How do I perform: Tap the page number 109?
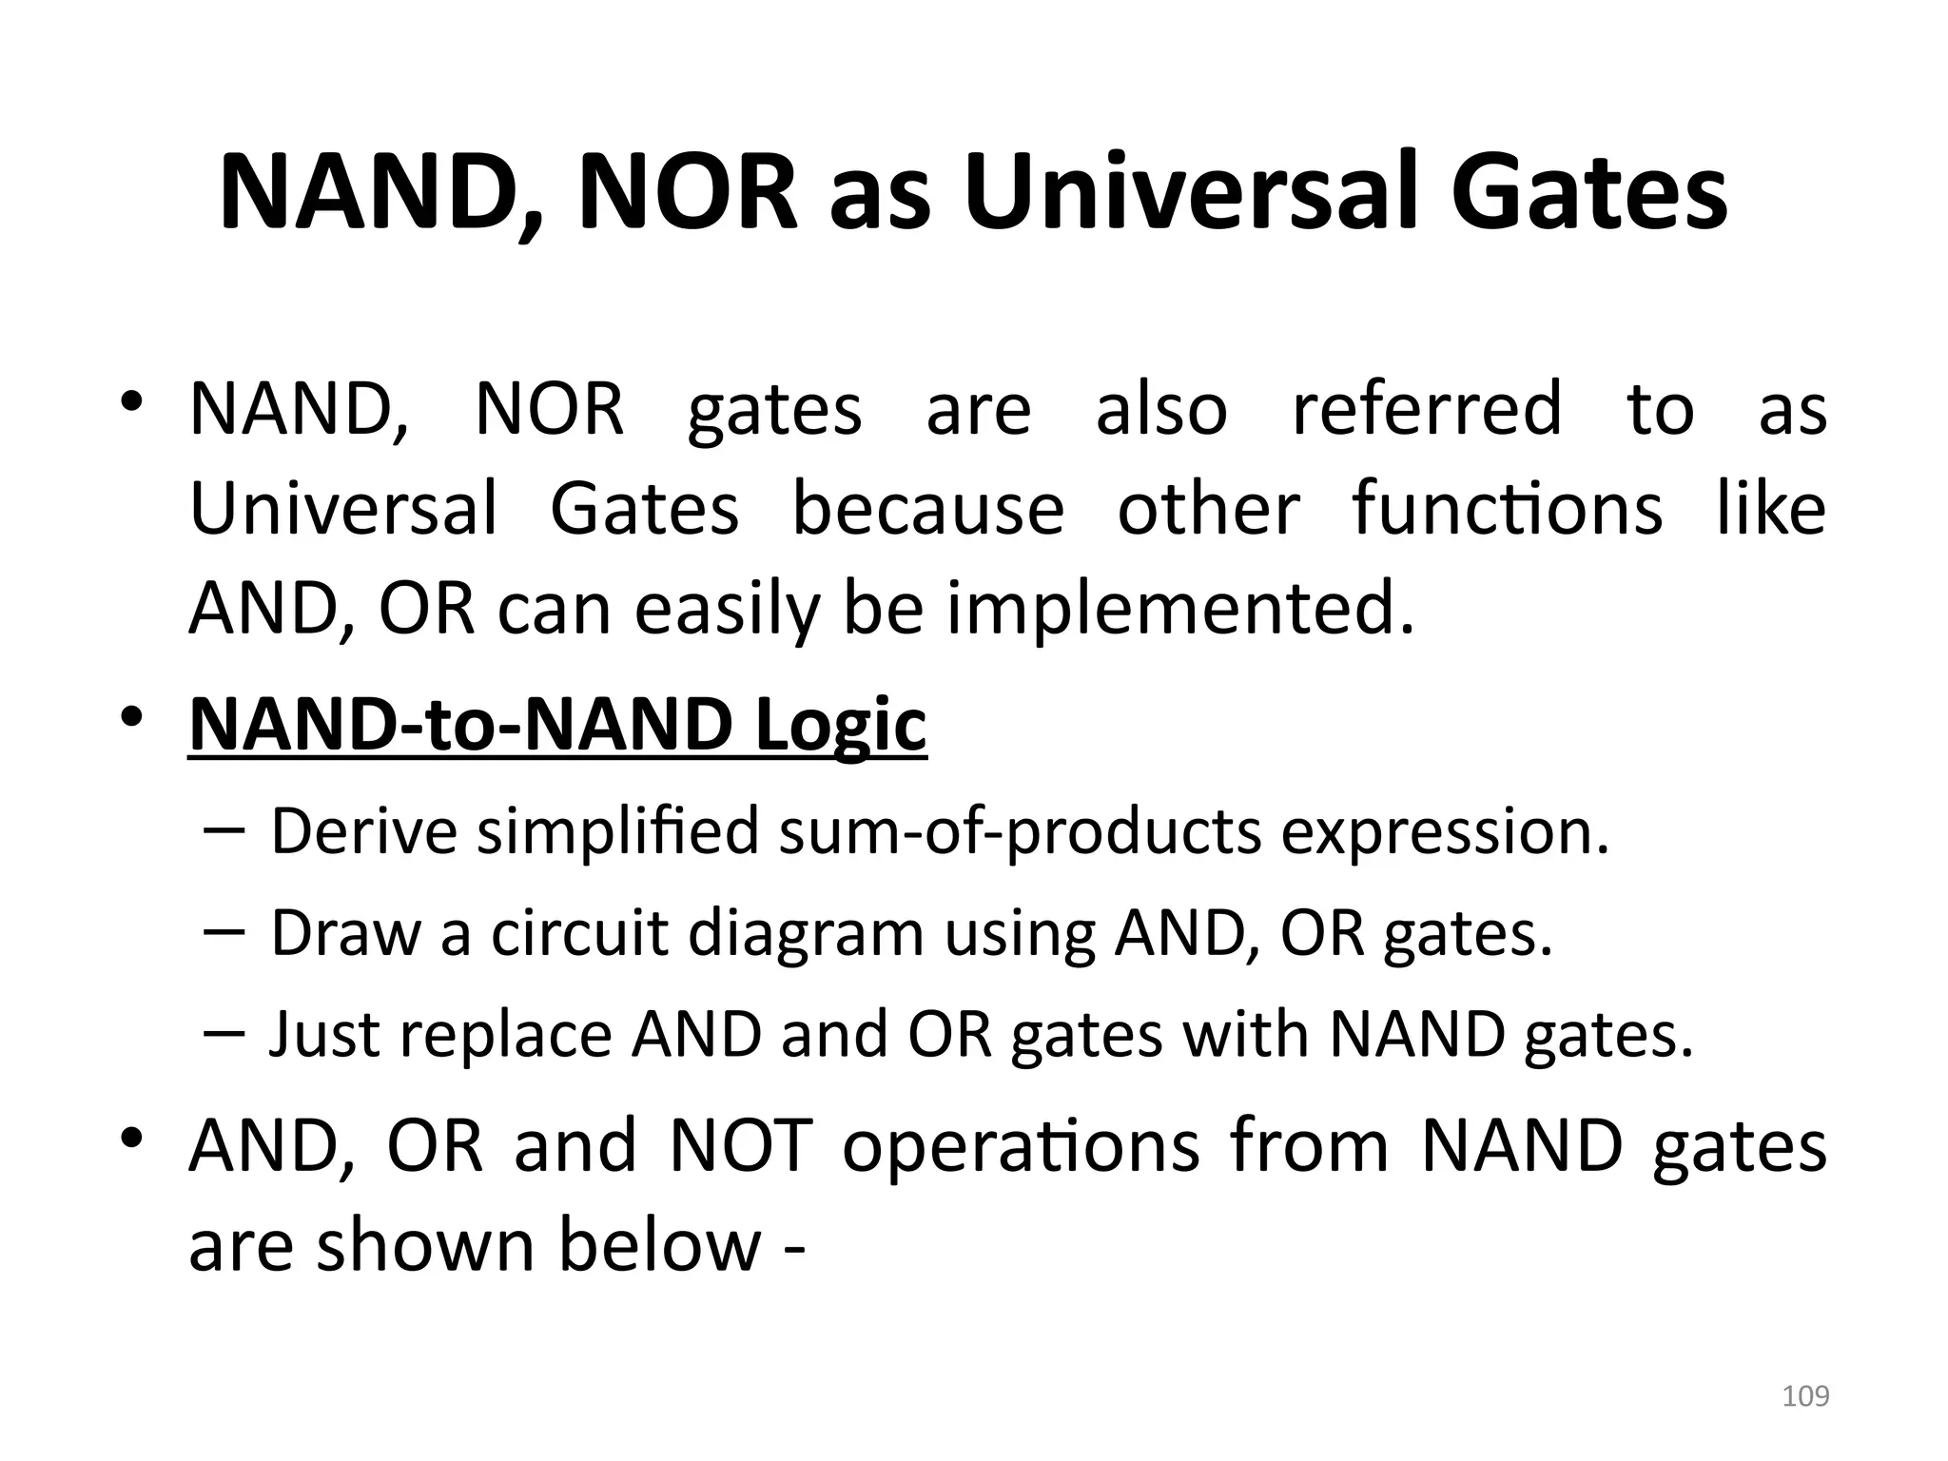tap(1805, 1396)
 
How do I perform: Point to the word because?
tap(928, 509)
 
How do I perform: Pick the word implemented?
tap(1180, 610)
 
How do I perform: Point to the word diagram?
tap(806, 934)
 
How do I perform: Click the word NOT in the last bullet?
tap(741, 1145)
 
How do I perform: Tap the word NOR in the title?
tap(688, 193)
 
